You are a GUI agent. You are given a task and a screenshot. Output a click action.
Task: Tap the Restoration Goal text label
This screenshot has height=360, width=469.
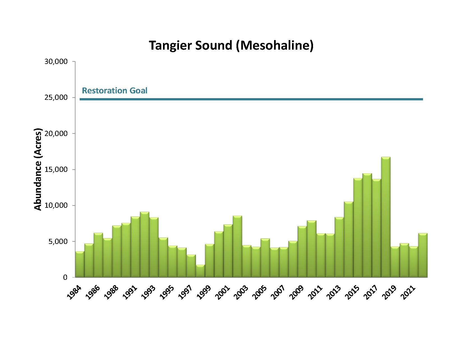pos(114,91)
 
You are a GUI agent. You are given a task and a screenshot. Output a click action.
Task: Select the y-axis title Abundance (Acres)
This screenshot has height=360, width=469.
pos(38,169)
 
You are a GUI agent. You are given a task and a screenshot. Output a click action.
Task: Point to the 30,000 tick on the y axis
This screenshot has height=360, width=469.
pos(56,61)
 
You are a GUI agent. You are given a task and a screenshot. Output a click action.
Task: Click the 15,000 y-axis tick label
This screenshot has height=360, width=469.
pos(56,170)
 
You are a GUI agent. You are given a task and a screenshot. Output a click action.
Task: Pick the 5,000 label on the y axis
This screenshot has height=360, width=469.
pos(58,241)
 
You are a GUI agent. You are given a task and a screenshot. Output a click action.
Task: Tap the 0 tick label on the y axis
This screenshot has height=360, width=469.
pos(65,277)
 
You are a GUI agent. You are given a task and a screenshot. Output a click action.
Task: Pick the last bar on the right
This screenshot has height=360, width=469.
pos(423,255)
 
